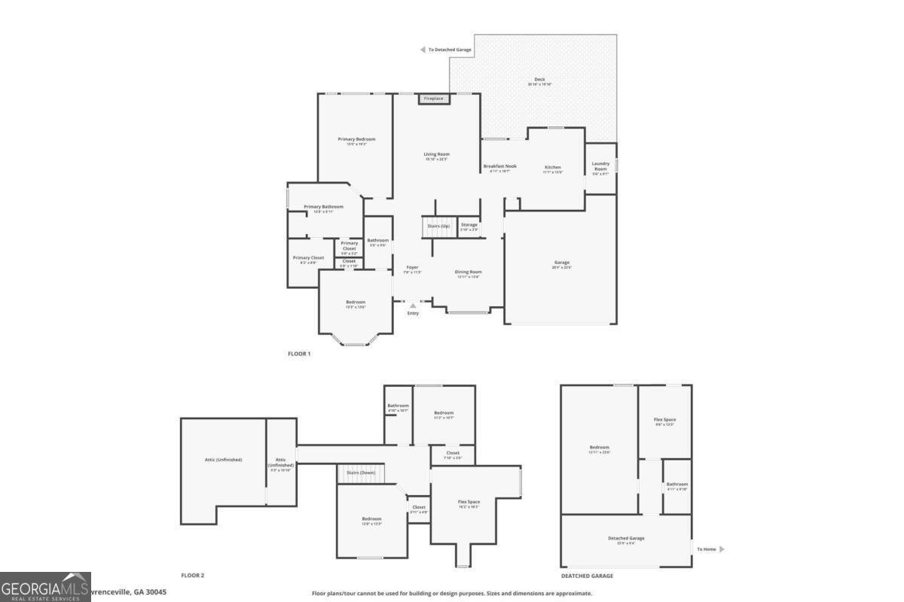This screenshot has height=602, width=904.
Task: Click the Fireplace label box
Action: (x=433, y=99)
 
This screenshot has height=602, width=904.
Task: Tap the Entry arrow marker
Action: (x=412, y=306)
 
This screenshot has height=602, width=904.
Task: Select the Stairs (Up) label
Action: (x=438, y=226)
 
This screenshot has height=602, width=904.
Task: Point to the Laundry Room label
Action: (x=600, y=166)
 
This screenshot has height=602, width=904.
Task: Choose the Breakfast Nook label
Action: (x=499, y=166)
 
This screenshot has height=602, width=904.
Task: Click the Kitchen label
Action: (x=553, y=167)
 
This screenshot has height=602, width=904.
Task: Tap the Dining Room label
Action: (x=468, y=272)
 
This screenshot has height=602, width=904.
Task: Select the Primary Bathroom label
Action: (x=323, y=207)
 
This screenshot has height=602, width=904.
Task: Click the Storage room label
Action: (x=469, y=225)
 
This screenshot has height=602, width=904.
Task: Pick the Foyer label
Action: (x=412, y=267)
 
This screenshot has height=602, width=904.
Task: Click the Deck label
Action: (x=539, y=79)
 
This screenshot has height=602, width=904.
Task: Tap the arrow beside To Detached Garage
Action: (x=423, y=50)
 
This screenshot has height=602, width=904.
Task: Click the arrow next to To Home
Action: (x=722, y=549)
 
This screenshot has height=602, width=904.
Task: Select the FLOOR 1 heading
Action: (x=299, y=354)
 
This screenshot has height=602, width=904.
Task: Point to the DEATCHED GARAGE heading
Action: (x=587, y=576)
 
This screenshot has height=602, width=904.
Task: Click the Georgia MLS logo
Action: (x=45, y=587)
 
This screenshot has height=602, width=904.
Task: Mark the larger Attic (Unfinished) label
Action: (x=223, y=459)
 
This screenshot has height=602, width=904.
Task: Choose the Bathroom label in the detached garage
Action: (x=676, y=485)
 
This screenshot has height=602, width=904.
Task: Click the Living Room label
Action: (x=436, y=154)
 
